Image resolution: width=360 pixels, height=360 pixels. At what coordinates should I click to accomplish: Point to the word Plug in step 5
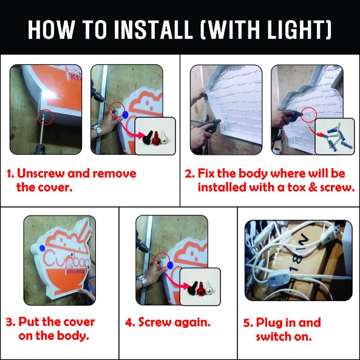click(x=268, y=322)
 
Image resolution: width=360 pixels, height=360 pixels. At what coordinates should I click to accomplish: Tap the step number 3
click(x=10, y=322)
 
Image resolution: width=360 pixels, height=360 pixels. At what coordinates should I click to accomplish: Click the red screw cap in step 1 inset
click(x=155, y=138)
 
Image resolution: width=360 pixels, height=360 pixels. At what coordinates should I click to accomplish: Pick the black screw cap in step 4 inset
click(x=192, y=288)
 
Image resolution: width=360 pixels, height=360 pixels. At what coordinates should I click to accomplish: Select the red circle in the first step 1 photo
click(x=46, y=117)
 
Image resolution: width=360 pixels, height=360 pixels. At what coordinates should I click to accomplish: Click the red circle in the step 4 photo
click(x=161, y=260)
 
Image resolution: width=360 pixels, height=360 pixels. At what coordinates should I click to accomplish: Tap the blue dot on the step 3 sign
click(x=42, y=248)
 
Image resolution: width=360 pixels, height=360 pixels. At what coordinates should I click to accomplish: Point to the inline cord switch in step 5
click(x=277, y=279)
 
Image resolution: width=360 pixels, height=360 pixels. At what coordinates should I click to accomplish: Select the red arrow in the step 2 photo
click(x=316, y=131)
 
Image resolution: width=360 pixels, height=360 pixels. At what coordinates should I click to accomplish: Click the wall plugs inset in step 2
click(x=335, y=137)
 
